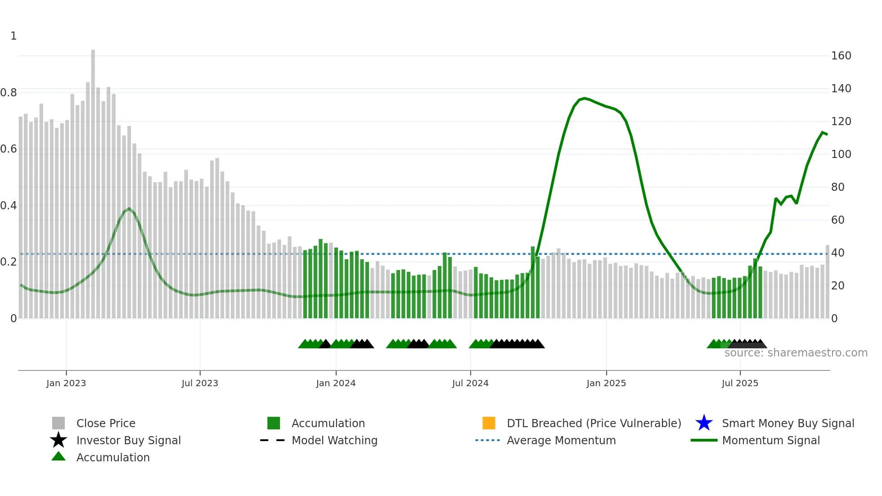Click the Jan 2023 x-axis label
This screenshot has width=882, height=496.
point(66,383)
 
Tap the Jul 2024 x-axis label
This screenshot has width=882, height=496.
point(470,383)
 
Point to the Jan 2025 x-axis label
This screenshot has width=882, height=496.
point(606,383)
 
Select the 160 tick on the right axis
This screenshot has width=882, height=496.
point(841,56)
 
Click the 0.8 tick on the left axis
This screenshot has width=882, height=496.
point(9,93)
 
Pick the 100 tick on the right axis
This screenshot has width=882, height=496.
point(841,154)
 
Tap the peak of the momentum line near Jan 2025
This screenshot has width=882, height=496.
point(584,98)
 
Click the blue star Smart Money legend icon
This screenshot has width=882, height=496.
point(704,423)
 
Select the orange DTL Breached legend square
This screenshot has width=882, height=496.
point(489,423)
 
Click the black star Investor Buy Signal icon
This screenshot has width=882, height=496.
point(58,440)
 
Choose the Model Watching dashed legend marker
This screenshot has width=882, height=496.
point(273,440)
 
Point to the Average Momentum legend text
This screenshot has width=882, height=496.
point(561,440)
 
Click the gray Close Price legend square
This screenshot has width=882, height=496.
point(58,423)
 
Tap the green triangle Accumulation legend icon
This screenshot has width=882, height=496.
point(58,456)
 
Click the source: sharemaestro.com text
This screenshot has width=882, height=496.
point(796,353)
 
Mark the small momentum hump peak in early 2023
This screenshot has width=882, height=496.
point(129,208)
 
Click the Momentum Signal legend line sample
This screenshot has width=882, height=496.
point(704,440)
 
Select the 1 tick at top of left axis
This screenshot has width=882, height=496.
point(13,36)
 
